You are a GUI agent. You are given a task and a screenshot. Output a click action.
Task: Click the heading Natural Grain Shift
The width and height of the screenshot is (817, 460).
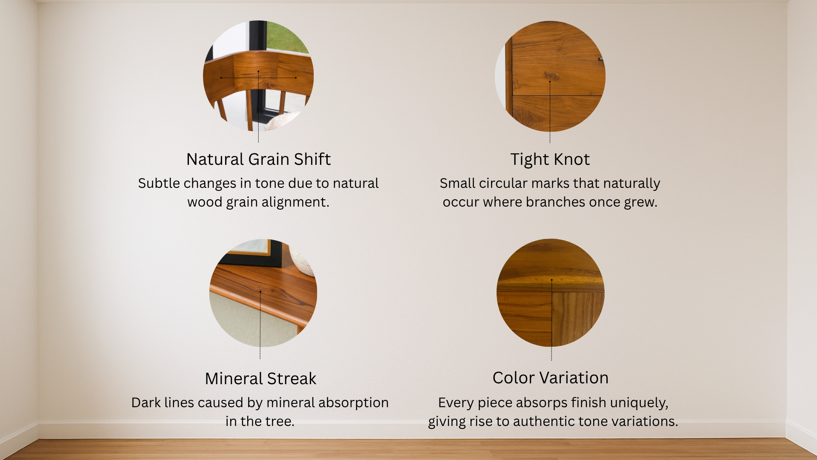pos(258,159)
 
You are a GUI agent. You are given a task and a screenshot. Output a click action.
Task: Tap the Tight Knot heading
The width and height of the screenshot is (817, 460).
pos(550,160)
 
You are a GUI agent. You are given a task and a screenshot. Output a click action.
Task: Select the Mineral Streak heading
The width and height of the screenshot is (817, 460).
pos(260,379)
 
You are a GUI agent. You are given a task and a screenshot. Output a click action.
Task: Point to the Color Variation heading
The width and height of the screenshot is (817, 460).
pos(550,378)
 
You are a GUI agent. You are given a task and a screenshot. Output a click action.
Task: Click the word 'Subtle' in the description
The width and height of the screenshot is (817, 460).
pos(159,183)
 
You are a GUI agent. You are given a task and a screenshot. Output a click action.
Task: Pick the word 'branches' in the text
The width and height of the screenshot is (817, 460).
pos(555,202)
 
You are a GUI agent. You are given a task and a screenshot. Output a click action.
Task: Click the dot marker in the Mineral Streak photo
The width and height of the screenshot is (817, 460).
pos(260,292)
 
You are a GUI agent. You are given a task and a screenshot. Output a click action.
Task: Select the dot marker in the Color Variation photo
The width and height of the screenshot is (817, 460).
pos(551,280)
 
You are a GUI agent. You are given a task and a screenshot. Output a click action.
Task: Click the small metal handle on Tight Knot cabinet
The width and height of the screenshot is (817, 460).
pos(601,59)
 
